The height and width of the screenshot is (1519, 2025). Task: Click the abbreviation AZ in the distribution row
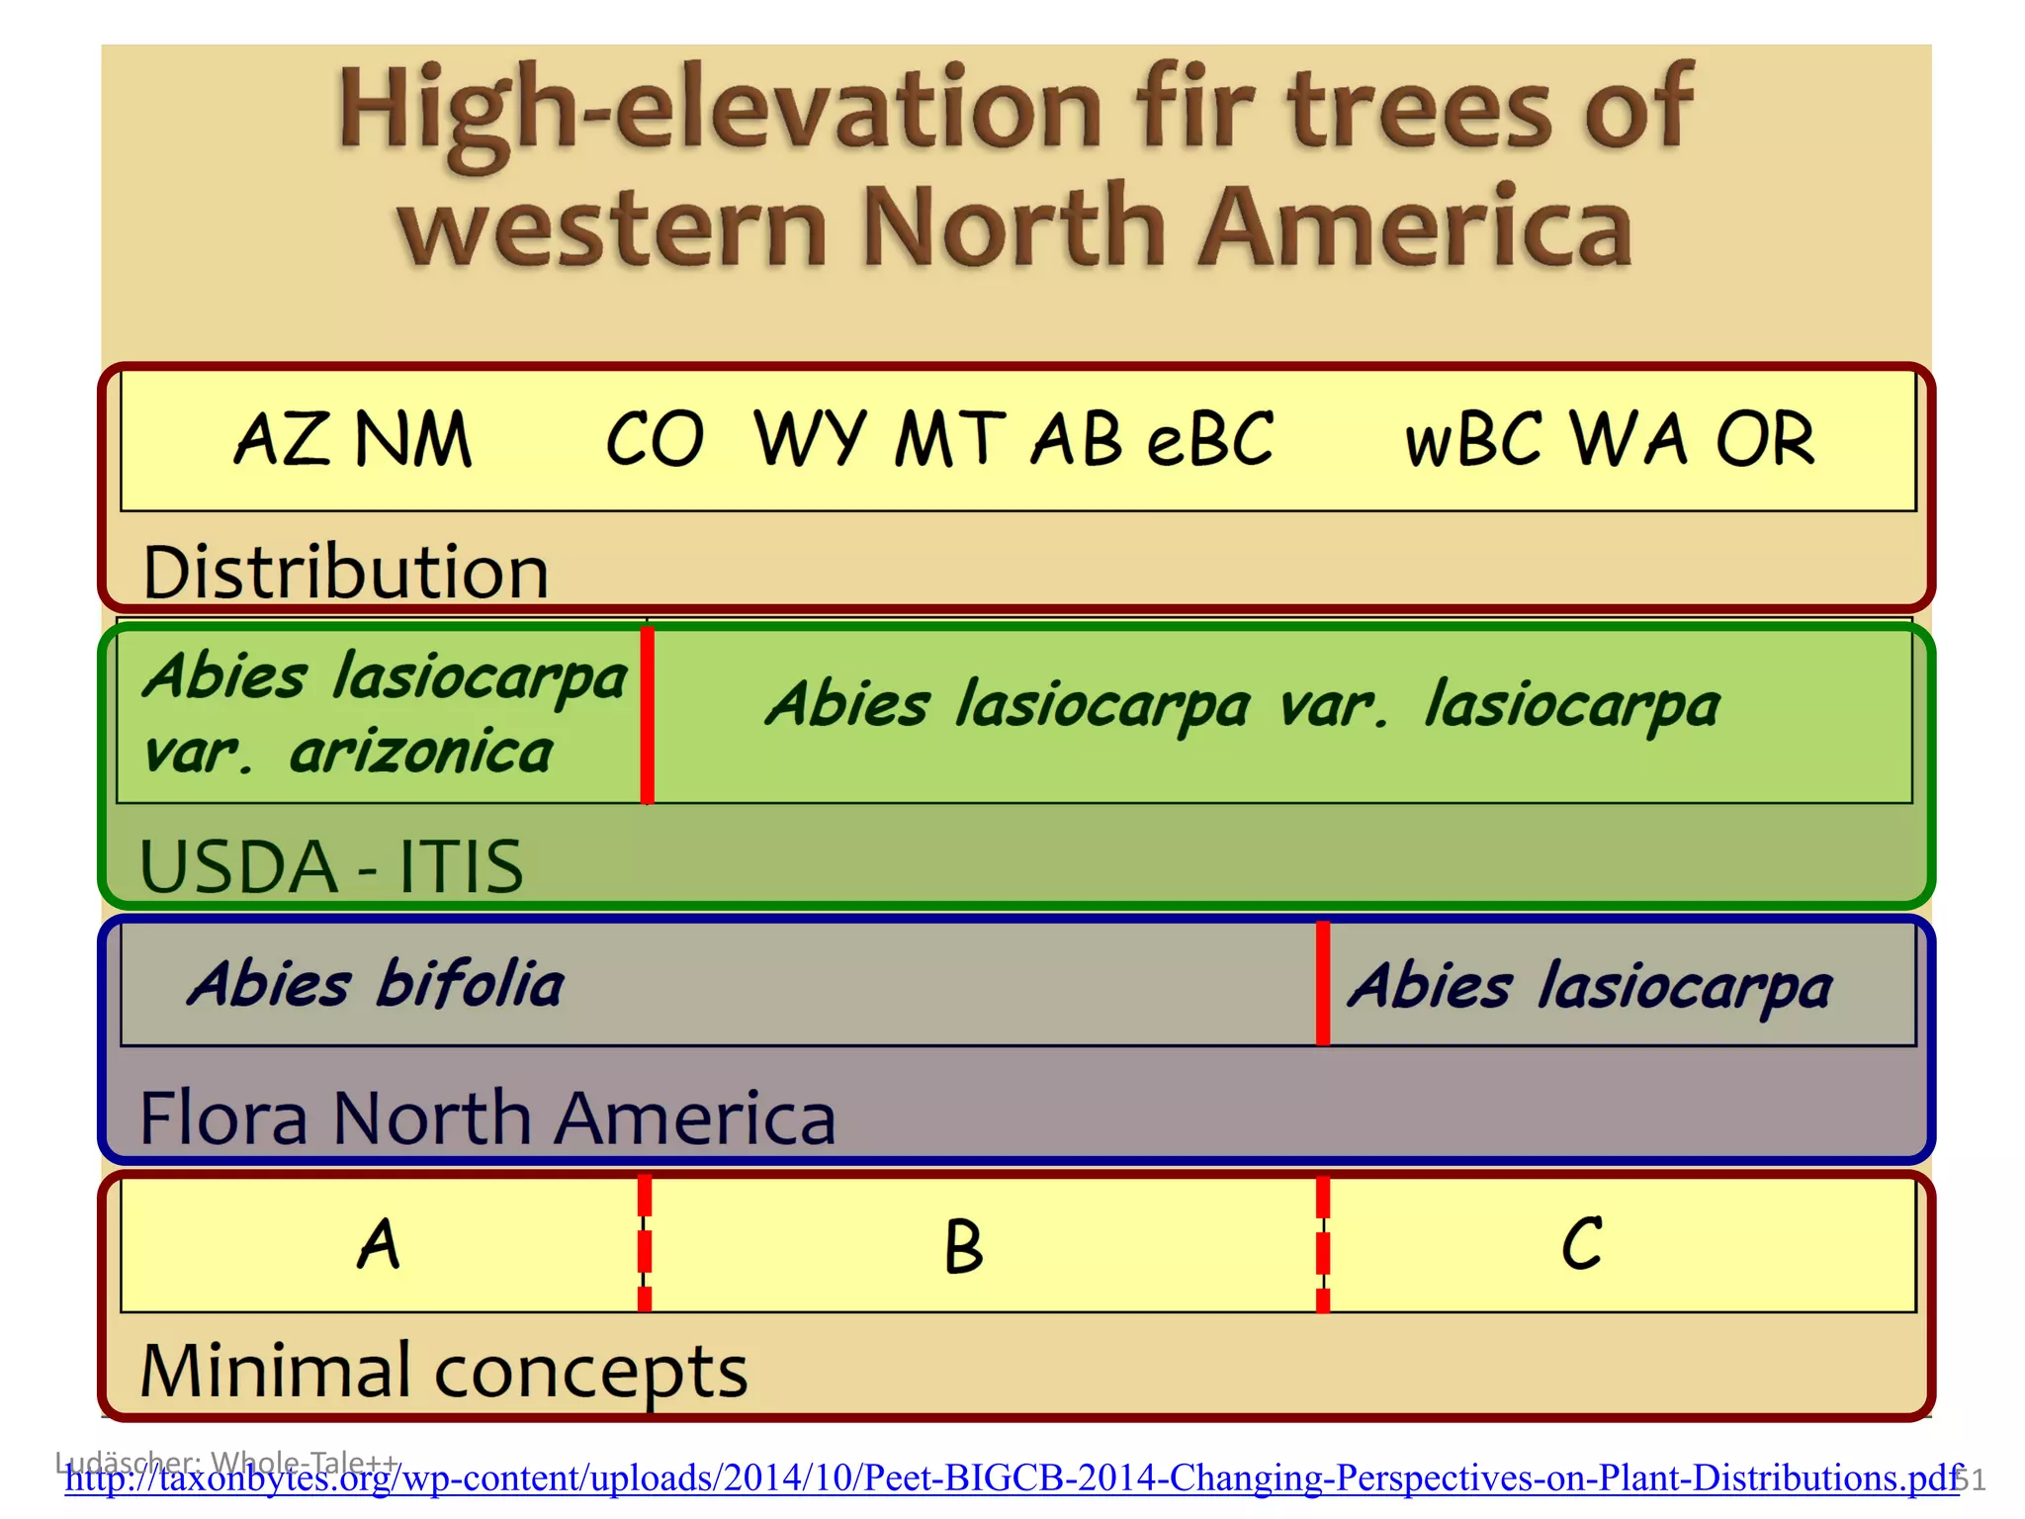[x=281, y=439]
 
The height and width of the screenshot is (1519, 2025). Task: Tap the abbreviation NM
[x=413, y=439]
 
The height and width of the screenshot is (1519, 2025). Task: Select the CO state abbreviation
[x=655, y=439]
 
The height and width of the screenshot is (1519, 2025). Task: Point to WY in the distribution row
[x=810, y=439]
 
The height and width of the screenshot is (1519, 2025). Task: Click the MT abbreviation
[x=949, y=439]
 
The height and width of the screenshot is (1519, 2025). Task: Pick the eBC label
[x=1210, y=439]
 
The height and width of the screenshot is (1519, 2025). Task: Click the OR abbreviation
[x=1765, y=439]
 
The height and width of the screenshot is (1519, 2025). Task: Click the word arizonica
[x=421, y=752]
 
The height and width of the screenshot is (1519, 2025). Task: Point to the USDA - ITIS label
[x=331, y=866]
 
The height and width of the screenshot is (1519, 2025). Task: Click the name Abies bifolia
[x=376, y=984]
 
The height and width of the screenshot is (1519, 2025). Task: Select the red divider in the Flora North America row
[x=1323, y=983]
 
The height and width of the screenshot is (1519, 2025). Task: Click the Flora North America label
[x=487, y=1117]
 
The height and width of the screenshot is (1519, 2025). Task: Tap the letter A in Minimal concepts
[x=379, y=1244]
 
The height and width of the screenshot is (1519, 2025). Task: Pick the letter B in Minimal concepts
[x=963, y=1246]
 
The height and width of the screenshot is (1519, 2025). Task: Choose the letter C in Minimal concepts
[x=1582, y=1244]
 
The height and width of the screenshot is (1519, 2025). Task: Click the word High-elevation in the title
[x=720, y=111]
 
